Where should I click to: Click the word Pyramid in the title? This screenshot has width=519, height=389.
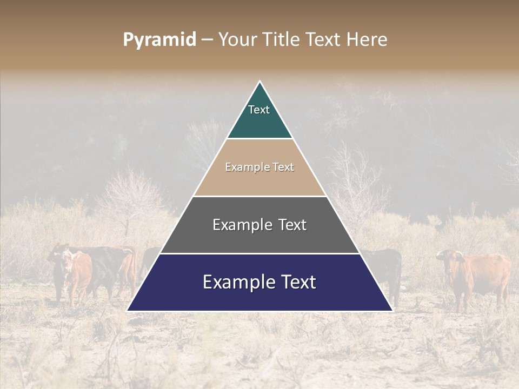coord(159,40)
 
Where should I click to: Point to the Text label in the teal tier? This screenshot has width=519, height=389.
coord(259,110)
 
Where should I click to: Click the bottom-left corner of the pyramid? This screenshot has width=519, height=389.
coord(128,311)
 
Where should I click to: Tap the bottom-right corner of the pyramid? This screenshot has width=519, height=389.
coord(392,311)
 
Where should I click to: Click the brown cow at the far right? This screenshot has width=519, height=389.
coord(478,276)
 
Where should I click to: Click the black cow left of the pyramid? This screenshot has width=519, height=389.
coord(108,267)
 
